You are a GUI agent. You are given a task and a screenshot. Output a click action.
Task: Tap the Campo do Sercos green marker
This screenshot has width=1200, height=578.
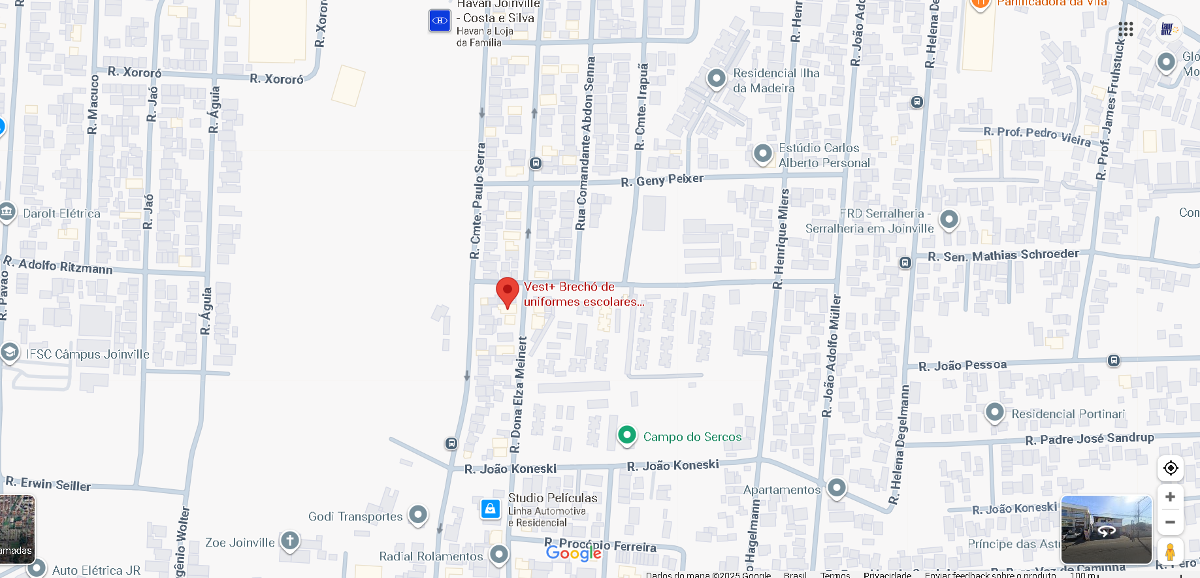(x=627, y=435)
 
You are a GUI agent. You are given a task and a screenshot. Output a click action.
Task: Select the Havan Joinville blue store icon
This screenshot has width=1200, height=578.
(x=440, y=20)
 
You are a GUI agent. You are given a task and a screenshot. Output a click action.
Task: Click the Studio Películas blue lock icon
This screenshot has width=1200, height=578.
(x=491, y=509)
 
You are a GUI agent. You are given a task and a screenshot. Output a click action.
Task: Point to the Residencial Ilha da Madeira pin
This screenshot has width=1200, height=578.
(x=717, y=79)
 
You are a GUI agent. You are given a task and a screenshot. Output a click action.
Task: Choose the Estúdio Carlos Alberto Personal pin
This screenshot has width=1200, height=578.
(x=763, y=154)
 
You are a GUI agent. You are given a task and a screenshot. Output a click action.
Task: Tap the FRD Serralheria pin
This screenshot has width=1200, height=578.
(x=949, y=219)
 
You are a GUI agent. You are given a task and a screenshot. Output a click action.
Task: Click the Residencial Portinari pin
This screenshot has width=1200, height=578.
(x=994, y=412)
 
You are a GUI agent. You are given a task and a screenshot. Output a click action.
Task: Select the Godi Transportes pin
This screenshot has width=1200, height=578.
(x=418, y=515)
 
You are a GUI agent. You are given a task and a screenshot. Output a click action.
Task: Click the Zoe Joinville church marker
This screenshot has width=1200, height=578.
(x=290, y=541)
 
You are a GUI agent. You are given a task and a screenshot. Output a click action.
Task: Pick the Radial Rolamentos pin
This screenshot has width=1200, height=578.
(x=499, y=554)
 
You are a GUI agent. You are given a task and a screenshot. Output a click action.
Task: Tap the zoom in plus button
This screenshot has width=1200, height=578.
(x=1170, y=497)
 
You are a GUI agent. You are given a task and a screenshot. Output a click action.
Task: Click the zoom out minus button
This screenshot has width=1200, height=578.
(x=1170, y=522)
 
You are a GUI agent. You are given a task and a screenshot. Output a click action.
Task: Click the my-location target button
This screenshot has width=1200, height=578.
(x=1170, y=468)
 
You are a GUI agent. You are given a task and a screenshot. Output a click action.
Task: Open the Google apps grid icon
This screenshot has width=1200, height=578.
(x=1126, y=29)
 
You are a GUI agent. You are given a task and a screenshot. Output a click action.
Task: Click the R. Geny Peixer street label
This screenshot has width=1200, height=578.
(x=662, y=180)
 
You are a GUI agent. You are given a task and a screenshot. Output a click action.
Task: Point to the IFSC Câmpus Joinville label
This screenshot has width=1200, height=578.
(x=88, y=354)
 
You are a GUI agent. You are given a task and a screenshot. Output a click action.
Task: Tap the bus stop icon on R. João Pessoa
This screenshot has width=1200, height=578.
(x=1114, y=361)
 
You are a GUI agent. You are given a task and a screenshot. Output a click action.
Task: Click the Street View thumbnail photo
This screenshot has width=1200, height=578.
(x=1106, y=530)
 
